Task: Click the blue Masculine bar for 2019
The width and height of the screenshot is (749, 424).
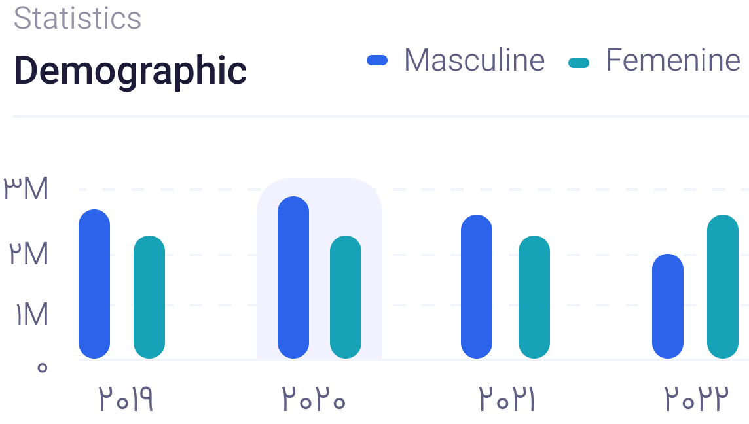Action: [x=94, y=283]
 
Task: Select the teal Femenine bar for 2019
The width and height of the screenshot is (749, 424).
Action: [x=149, y=297]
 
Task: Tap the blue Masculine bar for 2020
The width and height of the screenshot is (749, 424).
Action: [x=293, y=277]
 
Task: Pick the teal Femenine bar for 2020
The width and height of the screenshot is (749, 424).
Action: [x=346, y=297]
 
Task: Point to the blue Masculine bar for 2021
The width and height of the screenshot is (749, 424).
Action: [x=477, y=287]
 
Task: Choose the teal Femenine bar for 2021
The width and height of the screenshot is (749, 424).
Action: [x=534, y=297]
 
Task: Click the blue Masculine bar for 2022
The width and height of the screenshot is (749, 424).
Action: [x=668, y=306]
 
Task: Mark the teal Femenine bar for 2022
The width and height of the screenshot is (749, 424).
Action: [x=723, y=287]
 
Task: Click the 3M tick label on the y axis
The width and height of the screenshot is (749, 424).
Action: [x=26, y=188]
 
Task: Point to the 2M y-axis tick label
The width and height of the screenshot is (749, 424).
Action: [x=29, y=253]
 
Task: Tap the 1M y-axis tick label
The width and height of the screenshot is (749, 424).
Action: [x=32, y=314]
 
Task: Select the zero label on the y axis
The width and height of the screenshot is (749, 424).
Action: [x=43, y=368]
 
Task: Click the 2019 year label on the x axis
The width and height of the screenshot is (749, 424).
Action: [x=126, y=398]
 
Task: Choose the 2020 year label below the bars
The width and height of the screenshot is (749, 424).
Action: [x=314, y=398]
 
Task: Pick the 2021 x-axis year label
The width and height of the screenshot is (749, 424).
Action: [x=506, y=398]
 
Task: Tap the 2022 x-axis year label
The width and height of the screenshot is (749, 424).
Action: [x=697, y=398]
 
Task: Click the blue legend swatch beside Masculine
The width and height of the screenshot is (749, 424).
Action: [x=377, y=61]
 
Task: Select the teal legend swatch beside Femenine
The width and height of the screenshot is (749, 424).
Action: [x=579, y=63]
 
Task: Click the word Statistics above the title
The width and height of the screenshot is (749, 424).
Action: [x=77, y=18]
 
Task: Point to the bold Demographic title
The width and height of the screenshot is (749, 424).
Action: [x=130, y=71]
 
